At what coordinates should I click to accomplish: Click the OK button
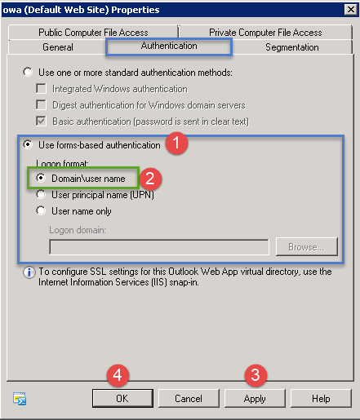[x=122, y=398]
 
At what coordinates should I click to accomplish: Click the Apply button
[x=255, y=398]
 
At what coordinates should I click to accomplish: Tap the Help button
[x=321, y=398]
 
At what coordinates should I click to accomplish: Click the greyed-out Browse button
[x=307, y=247]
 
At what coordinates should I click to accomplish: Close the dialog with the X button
[x=351, y=10]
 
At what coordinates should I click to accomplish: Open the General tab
[x=58, y=47]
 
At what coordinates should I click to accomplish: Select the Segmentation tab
[x=292, y=47]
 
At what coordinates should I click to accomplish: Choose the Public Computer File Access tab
[x=93, y=33]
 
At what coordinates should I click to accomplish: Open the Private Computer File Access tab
[x=265, y=33]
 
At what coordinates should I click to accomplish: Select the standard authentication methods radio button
[x=28, y=72]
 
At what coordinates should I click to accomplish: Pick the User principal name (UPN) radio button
[x=41, y=194]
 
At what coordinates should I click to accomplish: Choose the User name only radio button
[x=41, y=210]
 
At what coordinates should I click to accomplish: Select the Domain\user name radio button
[x=41, y=178]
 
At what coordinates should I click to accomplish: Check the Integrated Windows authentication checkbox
[x=41, y=89]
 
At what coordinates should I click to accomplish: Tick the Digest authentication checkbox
[x=41, y=104]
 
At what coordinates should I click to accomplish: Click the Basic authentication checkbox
[x=41, y=121]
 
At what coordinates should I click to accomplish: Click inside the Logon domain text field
[x=159, y=247]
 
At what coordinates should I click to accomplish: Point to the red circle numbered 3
[x=256, y=375]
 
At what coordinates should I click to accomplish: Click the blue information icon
[x=29, y=272]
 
